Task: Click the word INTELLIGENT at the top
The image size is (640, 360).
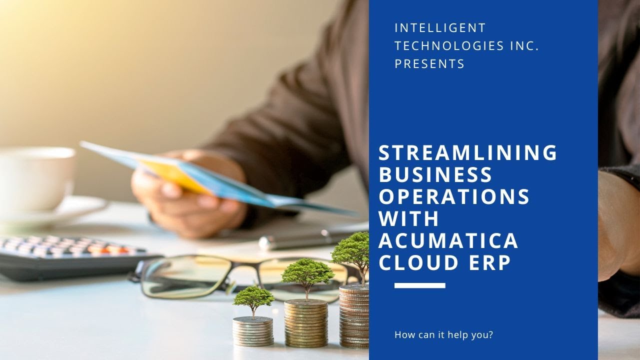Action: click(x=440, y=27)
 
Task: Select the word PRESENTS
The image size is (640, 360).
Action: click(x=429, y=64)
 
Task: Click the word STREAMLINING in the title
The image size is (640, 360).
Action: click(x=467, y=152)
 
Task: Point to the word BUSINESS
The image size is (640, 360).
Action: click(x=435, y=174)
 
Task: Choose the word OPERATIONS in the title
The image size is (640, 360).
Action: click(x=454, y=196)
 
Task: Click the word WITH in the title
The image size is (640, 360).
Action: click(x=408, y=218)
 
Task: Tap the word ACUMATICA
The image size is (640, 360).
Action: click(x=448, y=240)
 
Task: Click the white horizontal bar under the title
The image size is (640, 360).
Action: click(x=419, y=285)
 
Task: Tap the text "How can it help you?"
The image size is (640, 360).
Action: click(x=443, y=334)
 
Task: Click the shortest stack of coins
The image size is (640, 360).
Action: click(x=253, y=331)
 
